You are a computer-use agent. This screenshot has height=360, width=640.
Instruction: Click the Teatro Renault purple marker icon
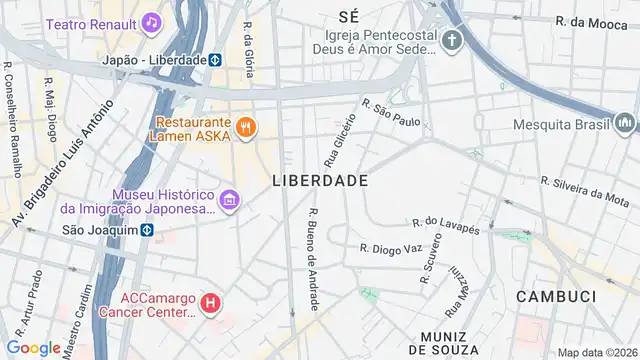tap(151, 21)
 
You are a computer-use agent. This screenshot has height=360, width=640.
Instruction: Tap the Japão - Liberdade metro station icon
tap(214, 59)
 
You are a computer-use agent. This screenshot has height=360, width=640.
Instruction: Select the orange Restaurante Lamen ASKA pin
tap(246, 127)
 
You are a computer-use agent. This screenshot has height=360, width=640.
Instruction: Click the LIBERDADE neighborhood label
tap(320, 181)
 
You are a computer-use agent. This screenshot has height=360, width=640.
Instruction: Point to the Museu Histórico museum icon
tap(229, 200)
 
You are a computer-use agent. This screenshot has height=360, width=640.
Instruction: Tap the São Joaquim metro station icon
tap(146, 229)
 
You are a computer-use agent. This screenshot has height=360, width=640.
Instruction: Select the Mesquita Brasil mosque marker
tap(626, 124)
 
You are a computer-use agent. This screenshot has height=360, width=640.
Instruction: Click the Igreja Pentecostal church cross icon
tap(453, 41)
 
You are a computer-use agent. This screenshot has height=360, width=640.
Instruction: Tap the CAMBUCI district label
tap(555, 297)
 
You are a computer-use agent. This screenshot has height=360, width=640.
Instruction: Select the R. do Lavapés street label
tap(446, 225)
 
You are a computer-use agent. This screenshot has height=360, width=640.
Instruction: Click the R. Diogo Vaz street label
tap(392, 248)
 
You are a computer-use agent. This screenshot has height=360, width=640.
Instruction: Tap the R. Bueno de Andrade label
tap(313, 258)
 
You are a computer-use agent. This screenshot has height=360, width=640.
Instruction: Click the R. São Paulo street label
tap(391, 113)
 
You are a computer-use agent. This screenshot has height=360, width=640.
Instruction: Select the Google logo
tap(33, 347)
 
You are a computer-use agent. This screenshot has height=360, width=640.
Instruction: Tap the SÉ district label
tap(349, 16)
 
